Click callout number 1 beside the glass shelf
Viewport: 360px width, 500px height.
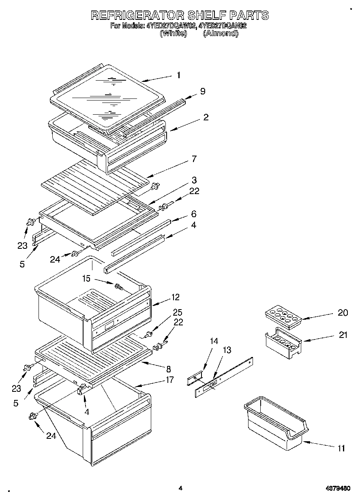[x=179, y=75]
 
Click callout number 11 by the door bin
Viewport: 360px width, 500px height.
[x=341, y=448]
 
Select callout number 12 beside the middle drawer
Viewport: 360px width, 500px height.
[x=175, y=297]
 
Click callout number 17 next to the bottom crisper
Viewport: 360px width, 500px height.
[x=169, y=380]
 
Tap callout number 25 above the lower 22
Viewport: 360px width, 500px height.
[x=178, y=312]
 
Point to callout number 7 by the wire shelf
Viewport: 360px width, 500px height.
[x=194, y=159]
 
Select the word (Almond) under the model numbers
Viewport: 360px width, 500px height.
[x=220, y=34]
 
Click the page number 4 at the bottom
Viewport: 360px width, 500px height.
[x=180, y=489]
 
